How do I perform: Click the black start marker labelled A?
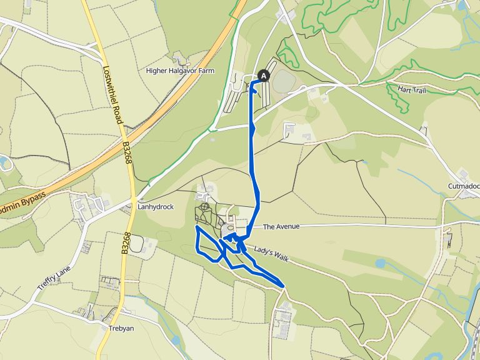(264, 76)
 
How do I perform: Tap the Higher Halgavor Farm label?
(180, 71)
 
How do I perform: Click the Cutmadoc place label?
(463, 186)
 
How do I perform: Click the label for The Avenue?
(282, 226)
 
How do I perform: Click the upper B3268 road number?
(127, 152)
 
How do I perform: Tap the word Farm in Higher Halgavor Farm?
(206, 71)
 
